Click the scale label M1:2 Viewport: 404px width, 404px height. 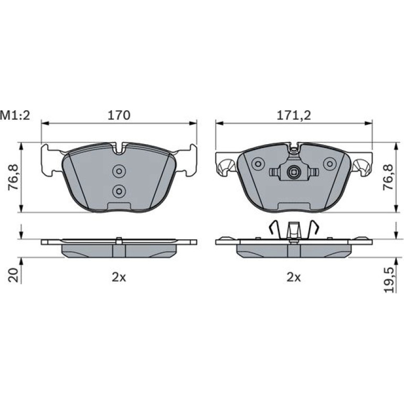coord(15,115)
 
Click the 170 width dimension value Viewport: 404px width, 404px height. coord(119,115)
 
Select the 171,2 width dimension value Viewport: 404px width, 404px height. coord(294,115)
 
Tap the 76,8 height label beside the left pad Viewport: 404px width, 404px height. coord(13,177)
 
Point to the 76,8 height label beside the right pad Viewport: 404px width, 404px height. coord(388,177)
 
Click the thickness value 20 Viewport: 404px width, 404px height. coord(14,275)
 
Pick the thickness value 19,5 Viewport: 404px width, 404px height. coord(389,280)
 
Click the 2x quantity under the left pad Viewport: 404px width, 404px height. coord(119,277)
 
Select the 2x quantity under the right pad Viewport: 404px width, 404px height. coord(294,277)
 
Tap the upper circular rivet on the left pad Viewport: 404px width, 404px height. coord(119,171)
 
